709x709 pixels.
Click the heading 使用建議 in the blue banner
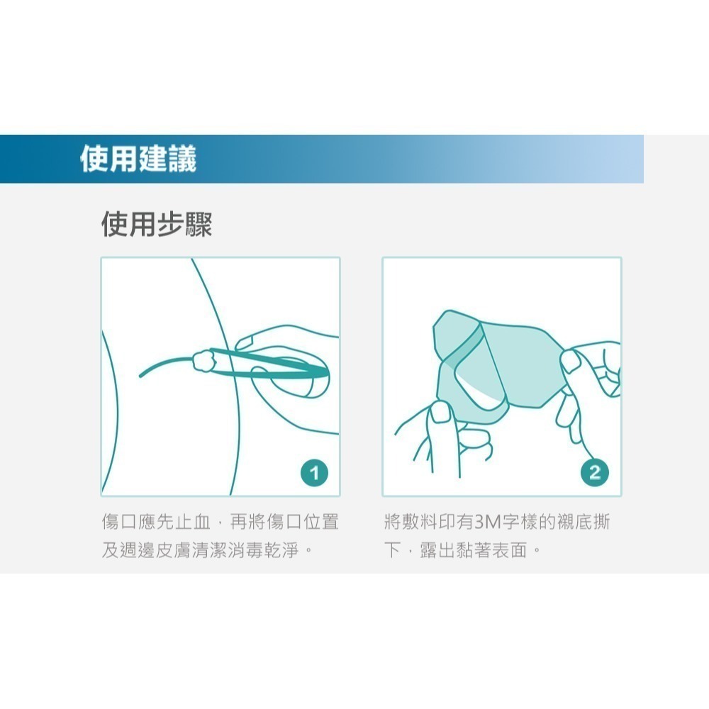click(x=138, y=159)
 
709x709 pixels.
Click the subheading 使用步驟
click(x=157, y=224)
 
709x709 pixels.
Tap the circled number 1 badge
click(x=313, y=471)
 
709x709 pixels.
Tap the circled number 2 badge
click(x=594, y=471)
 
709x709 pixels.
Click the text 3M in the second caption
click(x=487, y=523)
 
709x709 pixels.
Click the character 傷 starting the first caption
click(x=111, y=523)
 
